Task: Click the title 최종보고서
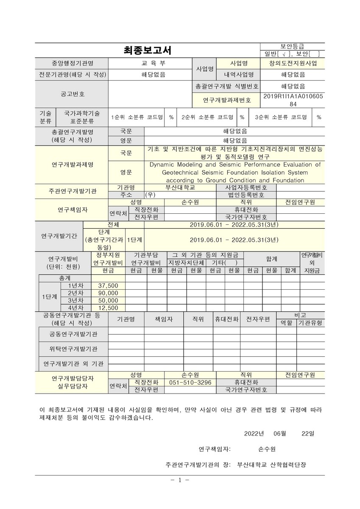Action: [x=147, y=51]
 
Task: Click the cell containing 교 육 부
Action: [x=151, y=63]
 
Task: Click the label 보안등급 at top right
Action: [x=292, y=46]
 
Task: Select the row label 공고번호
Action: [x=72, y=94]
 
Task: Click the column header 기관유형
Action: [x=310, y=323]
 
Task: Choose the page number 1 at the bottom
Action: [x=180, y=480]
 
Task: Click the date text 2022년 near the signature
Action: [x=254, y=433]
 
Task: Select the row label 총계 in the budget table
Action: [x=64, y=278]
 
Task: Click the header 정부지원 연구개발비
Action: [x=108, y=258]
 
